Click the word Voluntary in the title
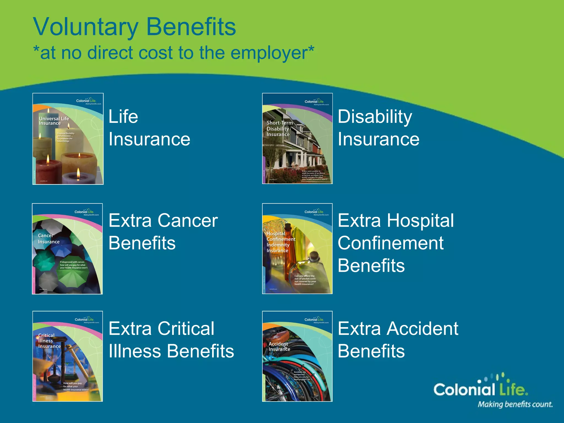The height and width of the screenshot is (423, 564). click(85, 27)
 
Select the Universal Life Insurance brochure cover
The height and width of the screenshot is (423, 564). click(68, 139)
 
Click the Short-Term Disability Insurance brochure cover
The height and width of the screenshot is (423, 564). click(297, 139)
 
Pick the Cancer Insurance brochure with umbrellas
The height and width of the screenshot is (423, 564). click(67, 249)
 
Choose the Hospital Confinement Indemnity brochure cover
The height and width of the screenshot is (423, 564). click(297, 249)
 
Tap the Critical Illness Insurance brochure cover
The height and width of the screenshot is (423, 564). click(68, 356)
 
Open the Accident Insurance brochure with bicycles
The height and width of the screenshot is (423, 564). click(297, 356)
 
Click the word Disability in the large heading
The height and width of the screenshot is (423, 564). click(375, 117)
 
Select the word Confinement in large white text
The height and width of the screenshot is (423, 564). click(391, 243)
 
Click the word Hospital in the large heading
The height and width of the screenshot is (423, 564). click(420, 221)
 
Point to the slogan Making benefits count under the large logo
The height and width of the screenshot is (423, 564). click(515, 404)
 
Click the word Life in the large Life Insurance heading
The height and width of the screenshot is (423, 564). click(123, 117)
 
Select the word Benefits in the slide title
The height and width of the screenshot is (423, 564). click(191, 27)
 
